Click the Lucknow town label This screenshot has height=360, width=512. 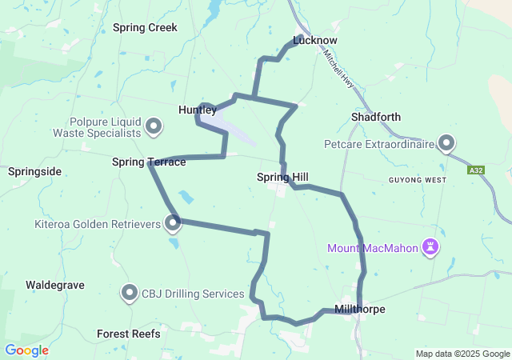tap(315, 40)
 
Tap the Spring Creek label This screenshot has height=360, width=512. tap(145, 27)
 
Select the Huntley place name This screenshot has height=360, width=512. tap(197, 110)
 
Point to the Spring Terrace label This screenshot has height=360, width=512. tap(149, 162)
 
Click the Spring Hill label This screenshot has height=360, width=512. tap(282, 177)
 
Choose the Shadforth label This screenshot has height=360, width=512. tap(376, 117)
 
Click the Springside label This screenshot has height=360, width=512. tap(34, 171)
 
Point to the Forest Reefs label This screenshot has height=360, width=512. tap(128, 334)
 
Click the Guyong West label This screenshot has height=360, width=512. tap(417, 180)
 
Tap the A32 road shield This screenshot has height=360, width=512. tap(477, 170)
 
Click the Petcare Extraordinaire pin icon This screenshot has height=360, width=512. tap(446, 144)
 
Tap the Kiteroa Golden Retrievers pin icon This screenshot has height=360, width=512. tap(174, 224)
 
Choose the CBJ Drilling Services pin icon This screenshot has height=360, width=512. tap(130, 294)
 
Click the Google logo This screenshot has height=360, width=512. tap(26, 350)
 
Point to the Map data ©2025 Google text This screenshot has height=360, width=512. tap(462, 354)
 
